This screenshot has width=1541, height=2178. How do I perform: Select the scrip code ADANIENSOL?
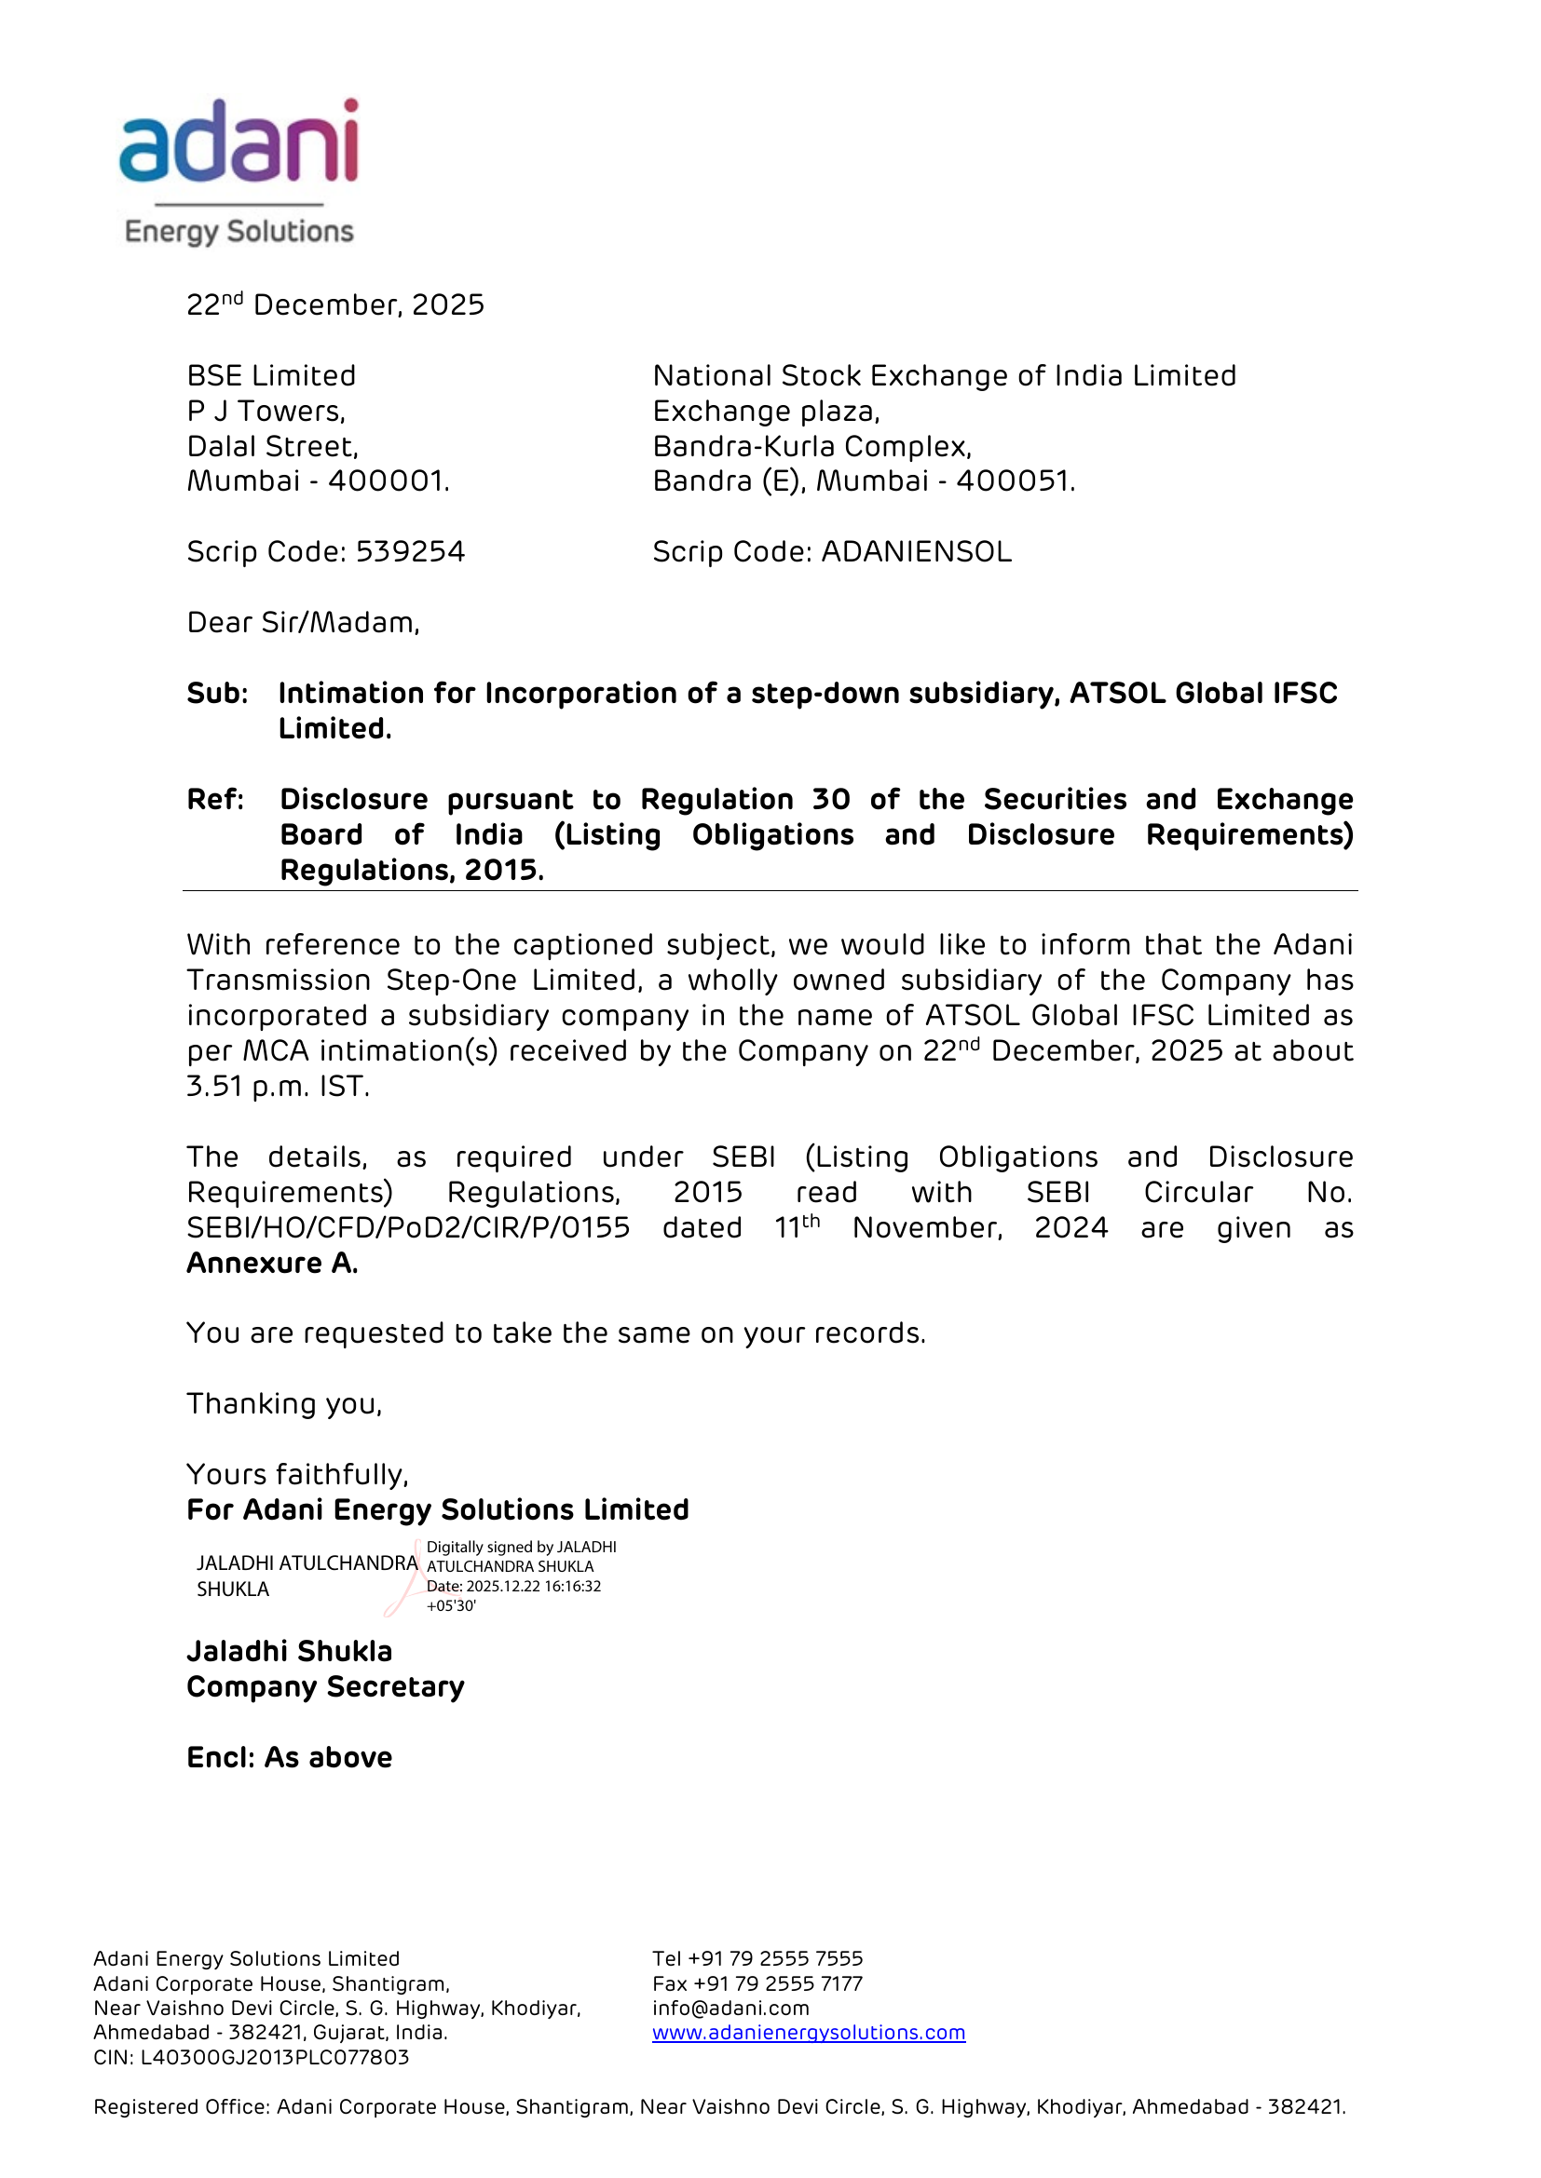pos(916,552)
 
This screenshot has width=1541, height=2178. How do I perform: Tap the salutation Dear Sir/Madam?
pos(303,623)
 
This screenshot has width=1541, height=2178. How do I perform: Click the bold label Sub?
pos(217,694)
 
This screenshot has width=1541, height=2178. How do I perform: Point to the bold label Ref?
pos(215,800)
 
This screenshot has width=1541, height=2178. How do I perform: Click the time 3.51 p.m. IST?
pos(277,1086)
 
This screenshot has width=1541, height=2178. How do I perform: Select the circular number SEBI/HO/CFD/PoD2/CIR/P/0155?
pos(408,1228)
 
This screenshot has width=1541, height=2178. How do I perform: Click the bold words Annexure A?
pos(272,1264)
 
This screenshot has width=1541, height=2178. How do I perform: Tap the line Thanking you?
pos(284,1404)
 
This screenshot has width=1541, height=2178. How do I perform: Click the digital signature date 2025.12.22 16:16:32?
pos(533,1586)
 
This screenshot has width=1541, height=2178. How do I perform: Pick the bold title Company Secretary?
pos(325,1687)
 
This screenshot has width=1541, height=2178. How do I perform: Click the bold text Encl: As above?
pos(290,1758)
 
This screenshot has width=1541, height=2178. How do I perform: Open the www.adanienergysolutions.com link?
pos(809,2033)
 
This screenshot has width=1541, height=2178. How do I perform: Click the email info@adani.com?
pos(730,2009)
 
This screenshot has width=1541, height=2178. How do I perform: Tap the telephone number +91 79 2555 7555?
pos(775,1959)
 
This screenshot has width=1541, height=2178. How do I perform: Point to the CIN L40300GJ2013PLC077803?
pos(274,2058)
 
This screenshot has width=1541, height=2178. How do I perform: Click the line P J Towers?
pos(266,412)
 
